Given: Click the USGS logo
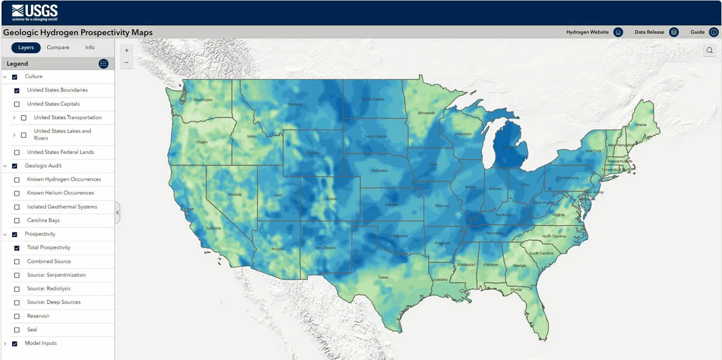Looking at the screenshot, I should [35, 12].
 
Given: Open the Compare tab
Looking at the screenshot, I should [58, 48].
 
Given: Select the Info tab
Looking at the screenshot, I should [90, 48].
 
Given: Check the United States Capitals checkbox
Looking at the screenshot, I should [17, 104].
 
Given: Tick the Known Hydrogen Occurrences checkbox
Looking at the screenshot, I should [17, 179].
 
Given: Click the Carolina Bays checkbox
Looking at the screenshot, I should [17, 220].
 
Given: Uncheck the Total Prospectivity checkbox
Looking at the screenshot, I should [17, 248].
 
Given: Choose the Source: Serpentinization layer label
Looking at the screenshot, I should [57, 275].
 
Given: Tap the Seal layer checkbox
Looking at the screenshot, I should [17, 330].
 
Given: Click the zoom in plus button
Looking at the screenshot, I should [126, 51].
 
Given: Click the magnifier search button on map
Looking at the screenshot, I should [710, 51].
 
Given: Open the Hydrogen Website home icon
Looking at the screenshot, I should [618, 32].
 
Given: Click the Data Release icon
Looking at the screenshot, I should [674, 32].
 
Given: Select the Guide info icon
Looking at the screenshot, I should [714, 32].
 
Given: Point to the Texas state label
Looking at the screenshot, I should [383, 278].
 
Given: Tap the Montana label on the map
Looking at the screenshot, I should [294, 104].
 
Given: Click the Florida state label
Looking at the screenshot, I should [516, 290].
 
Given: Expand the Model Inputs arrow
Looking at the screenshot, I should [5, 344].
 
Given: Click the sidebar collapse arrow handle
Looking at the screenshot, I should [117, 213].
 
